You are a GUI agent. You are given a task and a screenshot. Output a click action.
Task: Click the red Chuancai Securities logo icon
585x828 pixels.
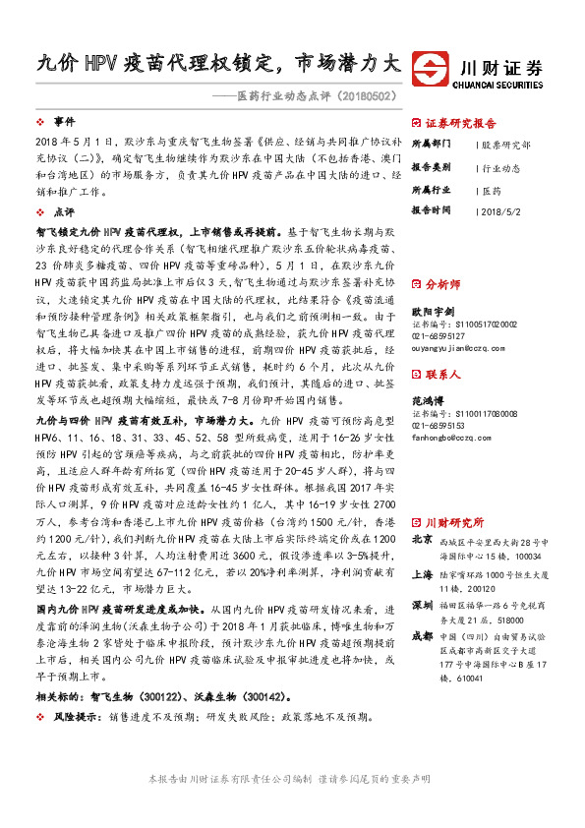click(431, 68)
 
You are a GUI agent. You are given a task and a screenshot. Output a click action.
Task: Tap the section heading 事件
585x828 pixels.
click(64, 122)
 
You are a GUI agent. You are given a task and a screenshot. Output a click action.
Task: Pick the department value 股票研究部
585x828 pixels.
click(506, 144)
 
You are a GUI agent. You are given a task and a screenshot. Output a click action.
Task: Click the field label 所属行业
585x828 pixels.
click(429, 189)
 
